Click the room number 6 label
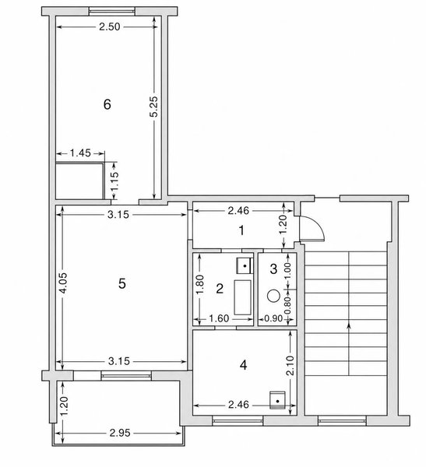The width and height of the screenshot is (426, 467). [107, 104]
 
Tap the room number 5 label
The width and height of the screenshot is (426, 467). [122, 283]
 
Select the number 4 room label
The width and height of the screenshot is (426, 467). [243, 365]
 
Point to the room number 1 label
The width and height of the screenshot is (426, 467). [241, 230]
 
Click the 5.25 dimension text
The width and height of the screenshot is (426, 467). [154, 107]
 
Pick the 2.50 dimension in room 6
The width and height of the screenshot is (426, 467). [109, 26]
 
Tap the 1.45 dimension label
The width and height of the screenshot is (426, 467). [80, 153]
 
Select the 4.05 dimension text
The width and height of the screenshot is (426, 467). [64, 283]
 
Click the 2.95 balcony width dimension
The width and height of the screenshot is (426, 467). [120, 433]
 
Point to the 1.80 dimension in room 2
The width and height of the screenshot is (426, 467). [200, 284]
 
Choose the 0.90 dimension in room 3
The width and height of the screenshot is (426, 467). [273, 318]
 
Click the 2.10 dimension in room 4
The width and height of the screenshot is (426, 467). [290, 366]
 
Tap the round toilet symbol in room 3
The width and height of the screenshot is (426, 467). [273, 296]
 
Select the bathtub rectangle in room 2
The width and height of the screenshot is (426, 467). [242, 297]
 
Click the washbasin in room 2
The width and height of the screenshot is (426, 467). [245, 265]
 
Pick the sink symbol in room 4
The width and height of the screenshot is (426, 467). [277, 400]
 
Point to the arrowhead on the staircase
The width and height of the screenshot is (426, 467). [349, 327]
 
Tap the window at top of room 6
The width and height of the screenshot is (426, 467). [112, 12]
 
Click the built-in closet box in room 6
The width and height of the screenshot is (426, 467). [79, 181]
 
